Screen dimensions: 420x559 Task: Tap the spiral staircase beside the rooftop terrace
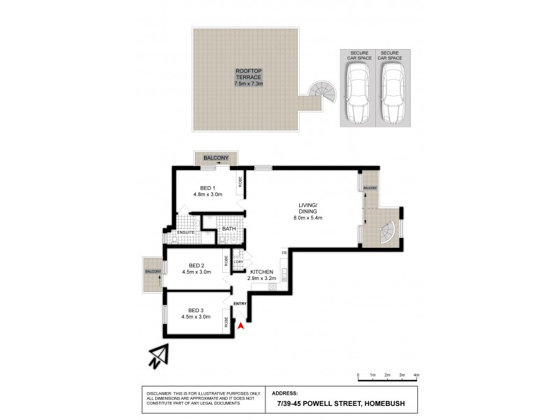point(322,90)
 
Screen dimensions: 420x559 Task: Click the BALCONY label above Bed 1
point(216,158)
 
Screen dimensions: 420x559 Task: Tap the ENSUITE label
point(185,232)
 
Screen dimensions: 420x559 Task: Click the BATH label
point(228,229)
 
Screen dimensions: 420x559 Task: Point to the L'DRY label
point(238,261)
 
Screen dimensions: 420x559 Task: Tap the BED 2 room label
point(196,266)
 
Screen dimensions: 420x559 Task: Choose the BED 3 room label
point(196,311)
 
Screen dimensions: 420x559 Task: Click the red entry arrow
point(241,325)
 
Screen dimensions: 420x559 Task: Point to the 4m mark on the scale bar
point(416,376)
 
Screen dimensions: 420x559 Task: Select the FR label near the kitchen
point(284,252)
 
